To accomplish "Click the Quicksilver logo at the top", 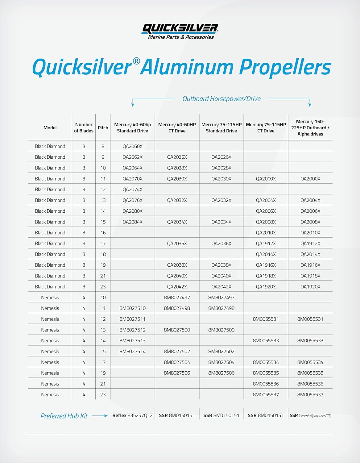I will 180,31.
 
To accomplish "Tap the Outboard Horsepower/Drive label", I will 221,99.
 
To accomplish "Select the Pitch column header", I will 103,128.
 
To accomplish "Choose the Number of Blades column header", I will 84,128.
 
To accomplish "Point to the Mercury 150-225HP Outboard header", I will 310,128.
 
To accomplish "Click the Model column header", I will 50,128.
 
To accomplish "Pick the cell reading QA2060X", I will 132,146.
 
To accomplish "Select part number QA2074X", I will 132,190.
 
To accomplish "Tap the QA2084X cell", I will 132,222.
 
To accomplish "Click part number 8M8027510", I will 132,308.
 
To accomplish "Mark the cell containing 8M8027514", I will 132,352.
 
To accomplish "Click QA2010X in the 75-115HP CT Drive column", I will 266,233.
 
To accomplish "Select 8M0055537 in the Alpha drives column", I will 310,395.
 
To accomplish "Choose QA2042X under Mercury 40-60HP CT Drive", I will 177,287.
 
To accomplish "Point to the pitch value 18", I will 103,254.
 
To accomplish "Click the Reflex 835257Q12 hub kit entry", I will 132,415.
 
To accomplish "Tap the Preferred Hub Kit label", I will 64,416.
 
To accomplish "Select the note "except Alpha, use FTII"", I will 315,416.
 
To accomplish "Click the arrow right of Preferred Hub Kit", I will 100,416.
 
